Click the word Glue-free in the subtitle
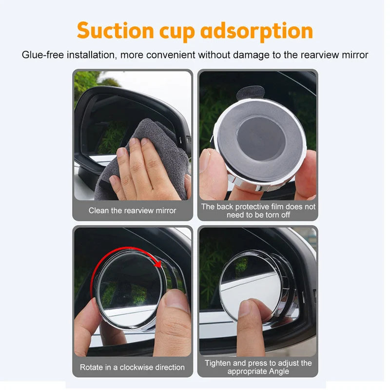40,55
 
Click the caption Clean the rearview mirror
133,211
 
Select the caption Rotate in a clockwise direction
133,367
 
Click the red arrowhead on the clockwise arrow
157,264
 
